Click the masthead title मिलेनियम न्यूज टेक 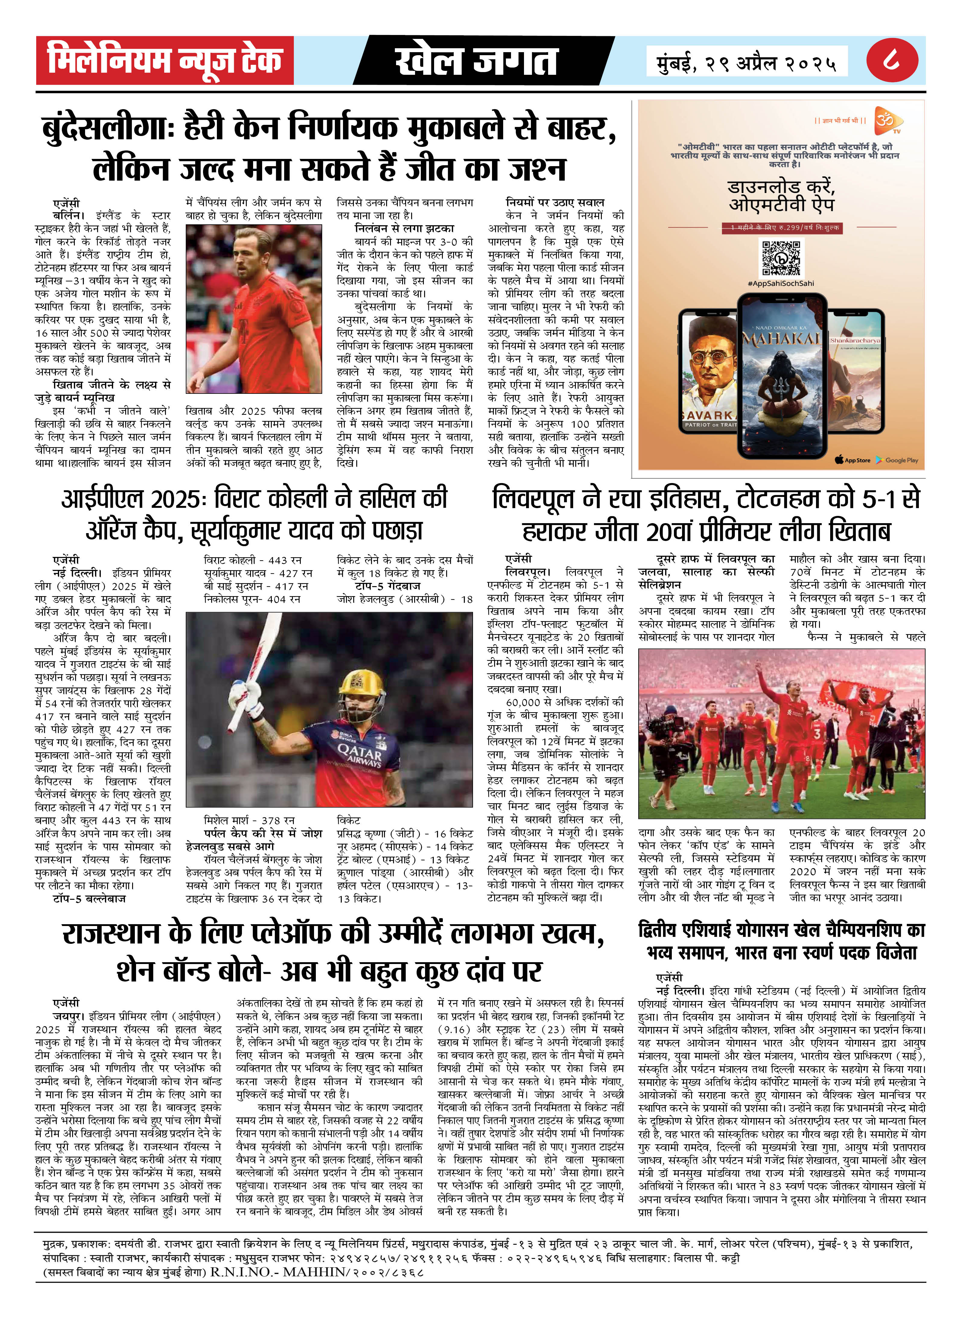(x=165, y=60)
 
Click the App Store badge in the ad (x=852, y=460)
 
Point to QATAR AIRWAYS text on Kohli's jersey (x=359, y=757)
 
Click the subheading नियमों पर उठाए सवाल (x=555, y=202)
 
